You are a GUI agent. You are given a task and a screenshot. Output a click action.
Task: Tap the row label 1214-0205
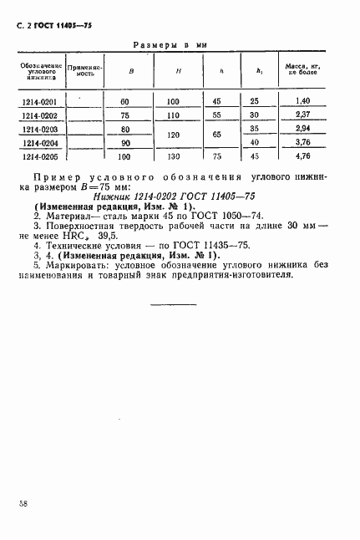(x=38, y=156)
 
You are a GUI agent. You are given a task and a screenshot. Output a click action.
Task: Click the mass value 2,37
(x=303, y=115)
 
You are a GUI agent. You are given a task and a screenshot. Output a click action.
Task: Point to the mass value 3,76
(x=303, y=142)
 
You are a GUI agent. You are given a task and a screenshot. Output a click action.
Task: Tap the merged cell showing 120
(x=173, y=135)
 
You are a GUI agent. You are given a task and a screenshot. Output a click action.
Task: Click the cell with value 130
(x=173, y=156)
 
